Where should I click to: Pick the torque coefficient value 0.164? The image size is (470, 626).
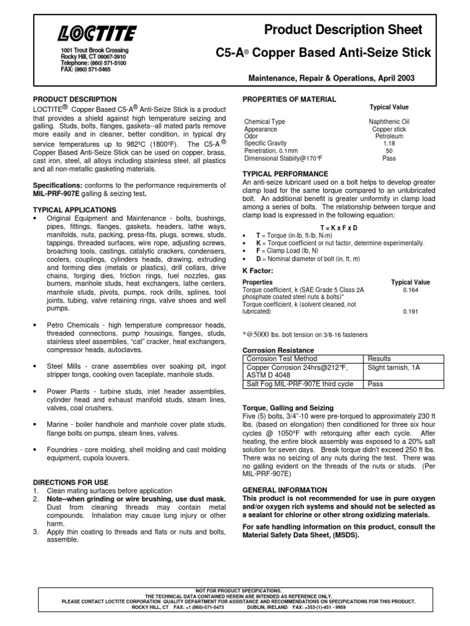410,290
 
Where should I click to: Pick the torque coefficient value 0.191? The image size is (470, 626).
410,312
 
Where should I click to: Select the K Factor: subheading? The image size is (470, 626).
258,270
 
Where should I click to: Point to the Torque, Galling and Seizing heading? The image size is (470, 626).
288,407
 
